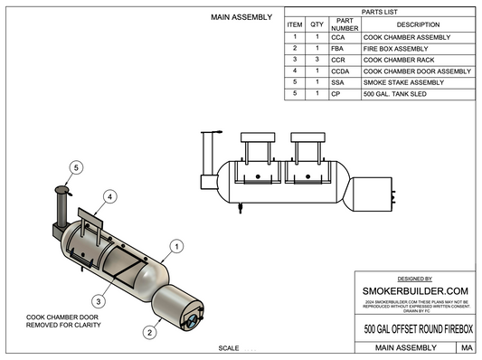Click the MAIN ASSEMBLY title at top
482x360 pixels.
(241, 16)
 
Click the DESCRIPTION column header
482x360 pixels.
(417, 24)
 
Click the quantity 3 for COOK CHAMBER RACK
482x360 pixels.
(317, 59)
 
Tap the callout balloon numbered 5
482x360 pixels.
(77, 167)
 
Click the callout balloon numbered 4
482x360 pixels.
(109, 195)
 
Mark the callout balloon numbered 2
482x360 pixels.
(146, 331)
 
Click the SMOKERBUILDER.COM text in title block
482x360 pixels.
(415, 290)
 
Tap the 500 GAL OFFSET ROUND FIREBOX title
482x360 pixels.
(415, 328)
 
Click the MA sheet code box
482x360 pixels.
(466, 347)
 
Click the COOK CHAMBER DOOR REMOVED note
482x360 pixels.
(63, 319)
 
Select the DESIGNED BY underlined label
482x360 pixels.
(415, 279)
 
